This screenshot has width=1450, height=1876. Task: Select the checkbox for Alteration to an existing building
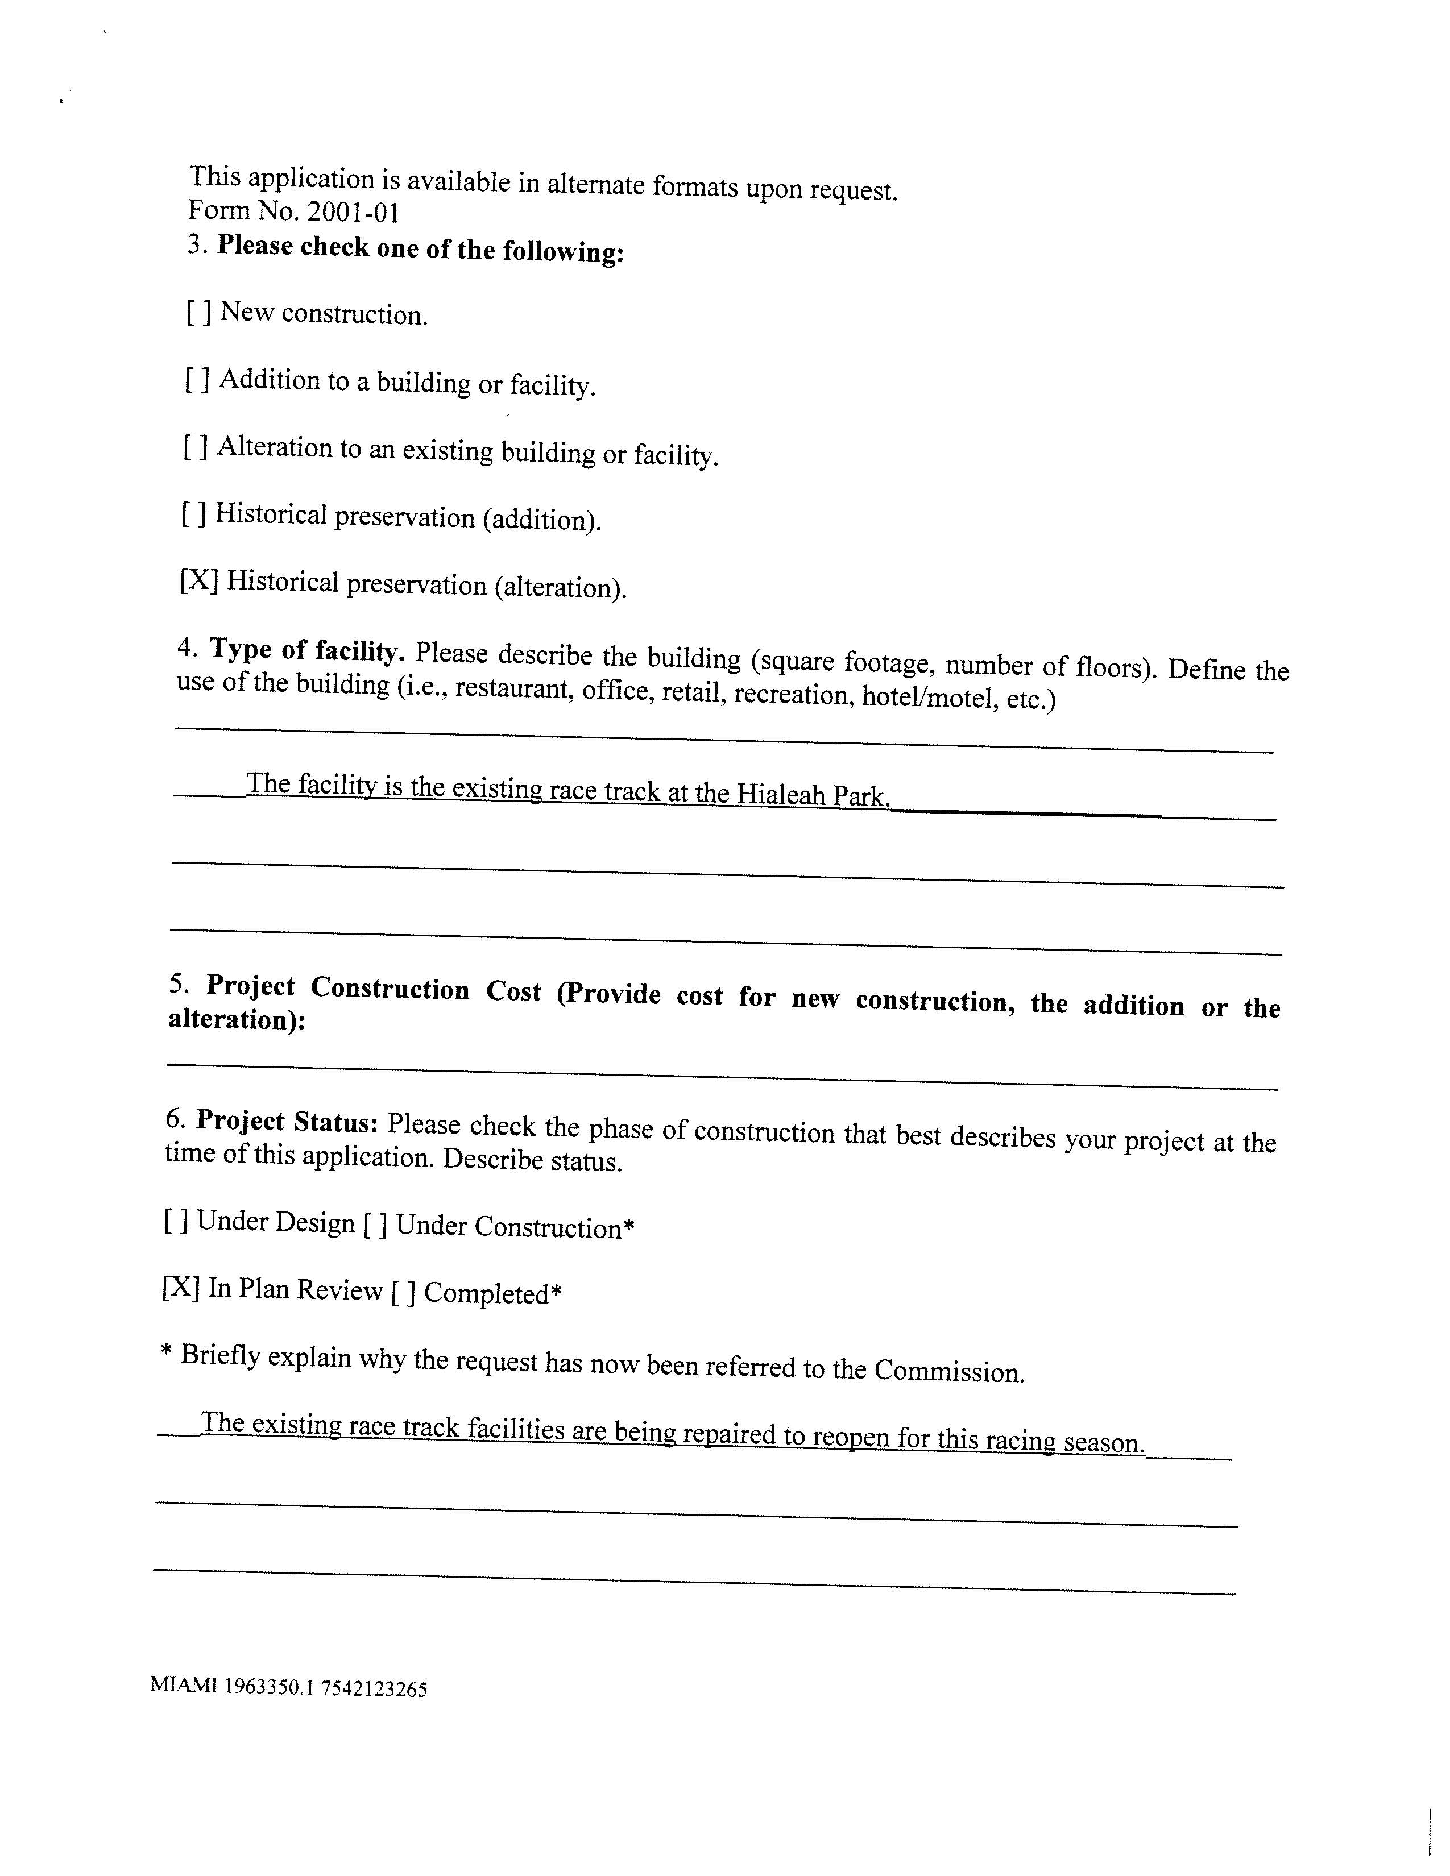coord(196,447)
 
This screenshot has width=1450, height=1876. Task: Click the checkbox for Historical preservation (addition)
coord(194,514)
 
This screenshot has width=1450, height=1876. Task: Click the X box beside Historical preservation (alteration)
coord(198,580)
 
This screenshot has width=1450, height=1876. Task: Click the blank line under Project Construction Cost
coord(722,1076)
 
